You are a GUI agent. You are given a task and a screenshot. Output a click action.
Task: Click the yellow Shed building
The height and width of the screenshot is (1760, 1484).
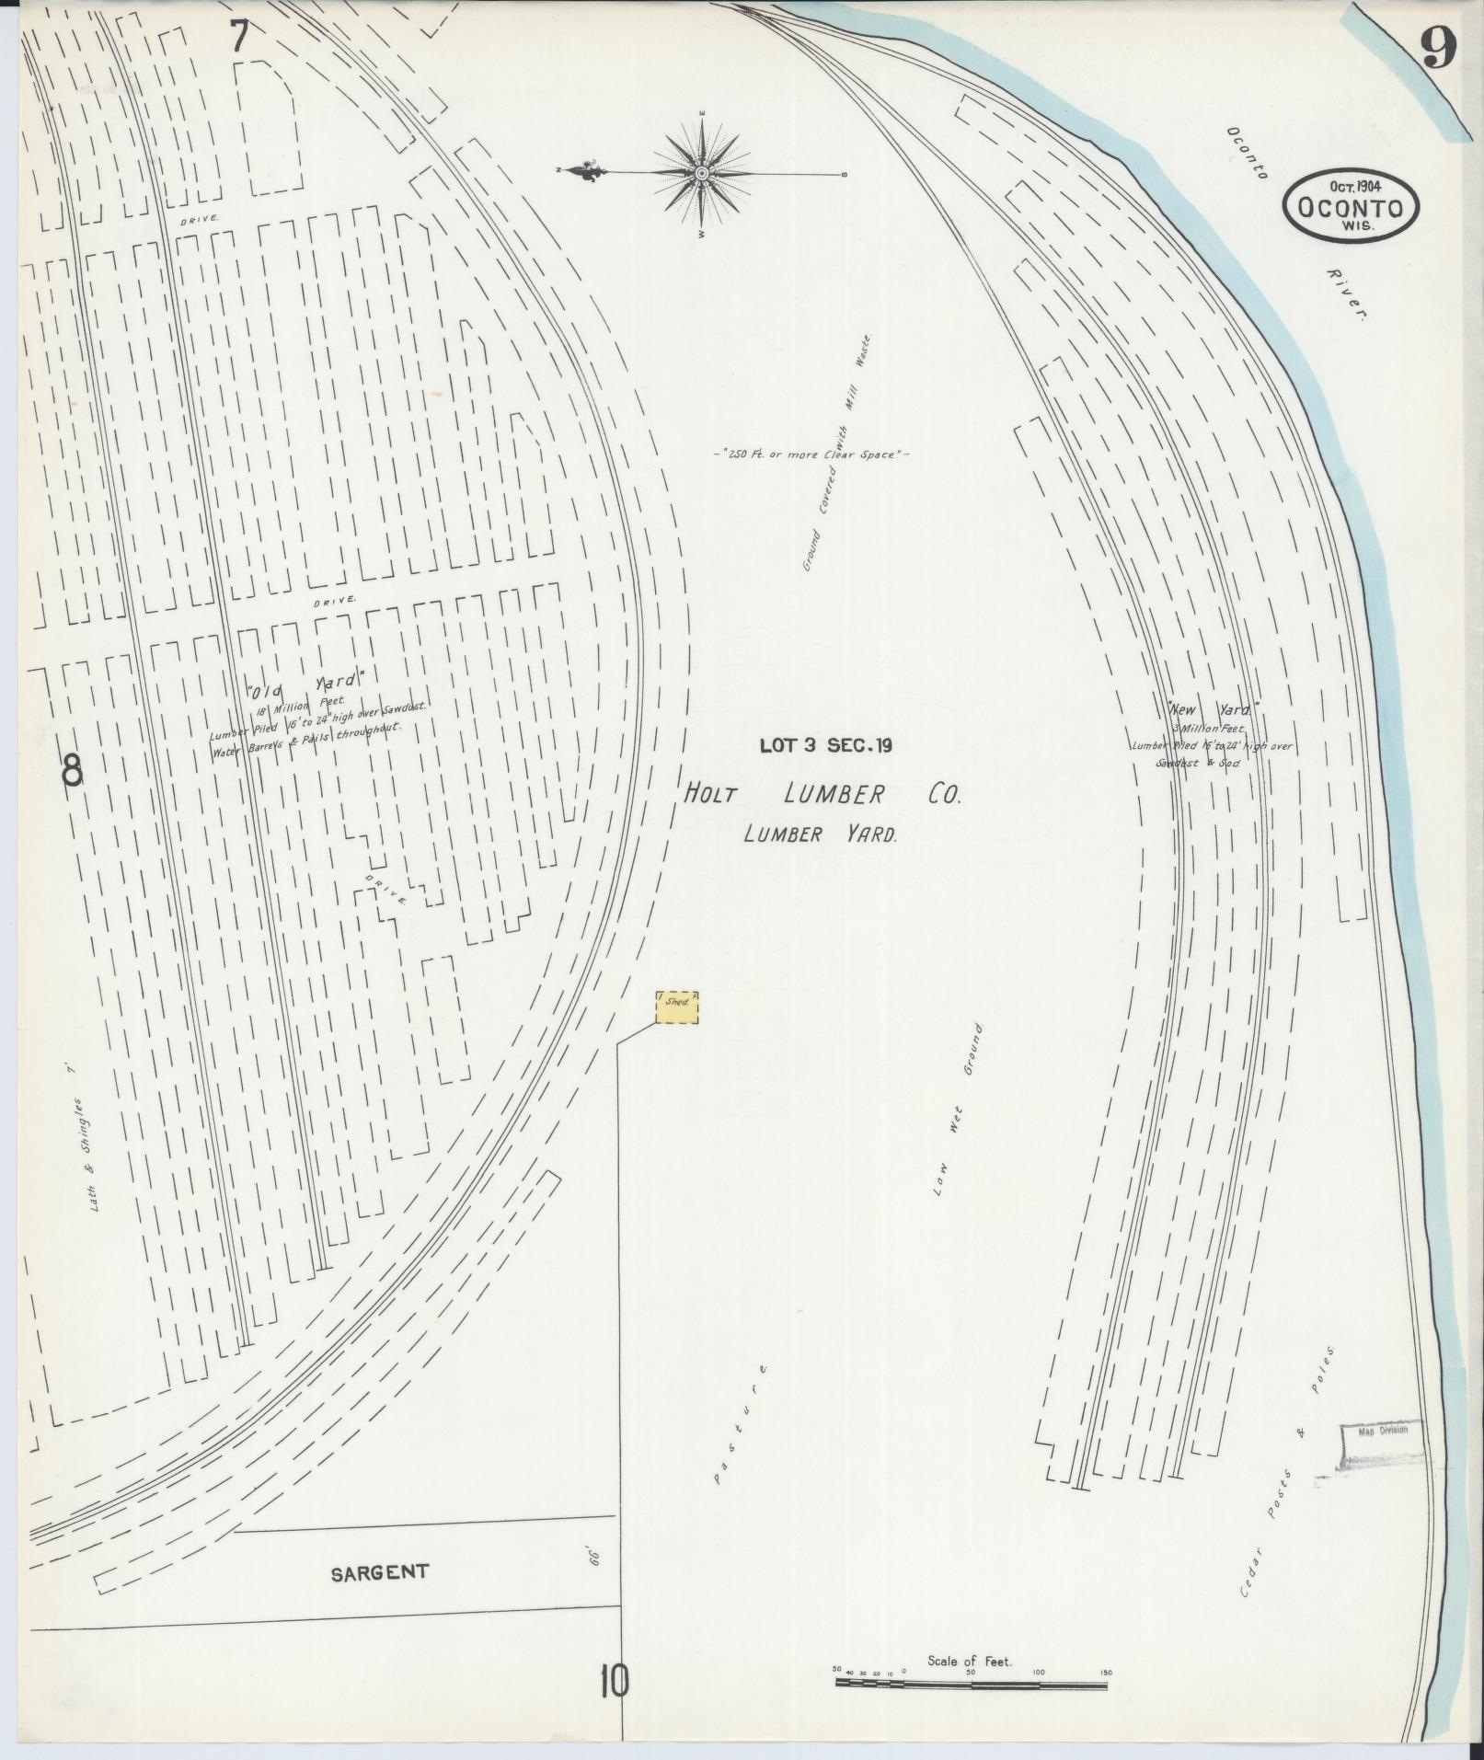tap(677, 1007)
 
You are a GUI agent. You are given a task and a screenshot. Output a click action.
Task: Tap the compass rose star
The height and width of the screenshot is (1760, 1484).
tap(702, 173)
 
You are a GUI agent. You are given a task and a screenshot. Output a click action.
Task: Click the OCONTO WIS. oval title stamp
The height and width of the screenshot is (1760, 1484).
tap(1350, 208)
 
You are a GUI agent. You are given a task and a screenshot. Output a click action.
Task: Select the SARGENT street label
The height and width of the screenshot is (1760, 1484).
tap(379, 1573)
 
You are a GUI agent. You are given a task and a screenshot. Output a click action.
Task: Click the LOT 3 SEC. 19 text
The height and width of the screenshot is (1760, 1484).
tap(825, 746)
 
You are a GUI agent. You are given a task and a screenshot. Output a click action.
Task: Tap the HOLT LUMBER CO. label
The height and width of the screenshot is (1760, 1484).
tap(822, 794)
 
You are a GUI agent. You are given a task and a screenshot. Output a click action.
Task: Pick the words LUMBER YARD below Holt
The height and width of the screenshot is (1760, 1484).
tap(820, 834)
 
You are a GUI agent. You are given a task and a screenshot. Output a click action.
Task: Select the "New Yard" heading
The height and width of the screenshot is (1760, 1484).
tap(1212, 709)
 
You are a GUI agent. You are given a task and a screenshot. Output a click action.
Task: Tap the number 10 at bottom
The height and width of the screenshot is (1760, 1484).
tap(614, 1683)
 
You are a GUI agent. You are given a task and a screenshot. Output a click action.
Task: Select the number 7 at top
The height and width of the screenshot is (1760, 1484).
tap(240, 37)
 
